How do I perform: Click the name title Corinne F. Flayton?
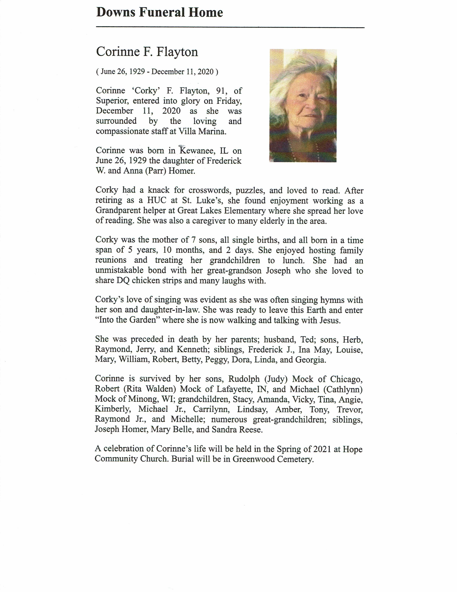[147, 52]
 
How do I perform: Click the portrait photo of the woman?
[303, 106]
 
